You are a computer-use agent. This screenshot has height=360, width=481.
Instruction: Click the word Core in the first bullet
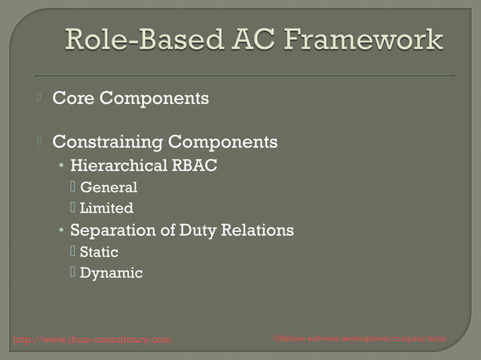click(x=73, y=98)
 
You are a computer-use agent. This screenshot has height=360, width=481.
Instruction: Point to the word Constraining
click(x=107, y=142)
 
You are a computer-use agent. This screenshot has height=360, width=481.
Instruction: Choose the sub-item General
click(x=109, y=188)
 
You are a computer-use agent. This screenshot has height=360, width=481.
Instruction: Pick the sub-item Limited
click(x=106, y=209)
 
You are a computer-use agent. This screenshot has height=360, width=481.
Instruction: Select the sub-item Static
click(x=99, y=252)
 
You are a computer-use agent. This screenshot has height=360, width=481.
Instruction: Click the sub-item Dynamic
click(x=111, y=273)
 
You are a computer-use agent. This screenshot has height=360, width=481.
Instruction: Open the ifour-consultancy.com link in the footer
click(x=92, y=340)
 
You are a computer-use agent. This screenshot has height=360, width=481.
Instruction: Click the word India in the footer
click(x=437, y=339)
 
